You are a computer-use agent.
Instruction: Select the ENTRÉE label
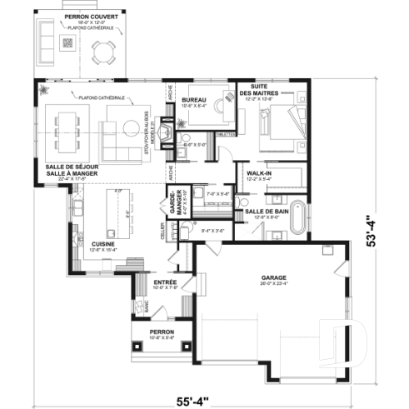[x=165, y=282]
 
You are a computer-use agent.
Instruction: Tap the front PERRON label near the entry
[x=162, y=332]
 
